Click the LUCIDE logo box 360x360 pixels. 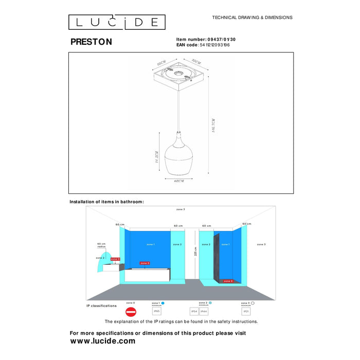(117, 22)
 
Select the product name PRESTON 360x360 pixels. (91, 42)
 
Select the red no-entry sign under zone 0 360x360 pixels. (131, 312)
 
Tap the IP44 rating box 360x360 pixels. (204, 311)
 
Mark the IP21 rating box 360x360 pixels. (246, 311)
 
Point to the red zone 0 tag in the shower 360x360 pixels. (228, 281)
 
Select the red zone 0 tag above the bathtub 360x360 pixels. (145, 263)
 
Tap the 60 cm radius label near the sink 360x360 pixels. (101, 245)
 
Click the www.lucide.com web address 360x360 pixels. (103, 341)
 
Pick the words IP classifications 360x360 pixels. (101, 305)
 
